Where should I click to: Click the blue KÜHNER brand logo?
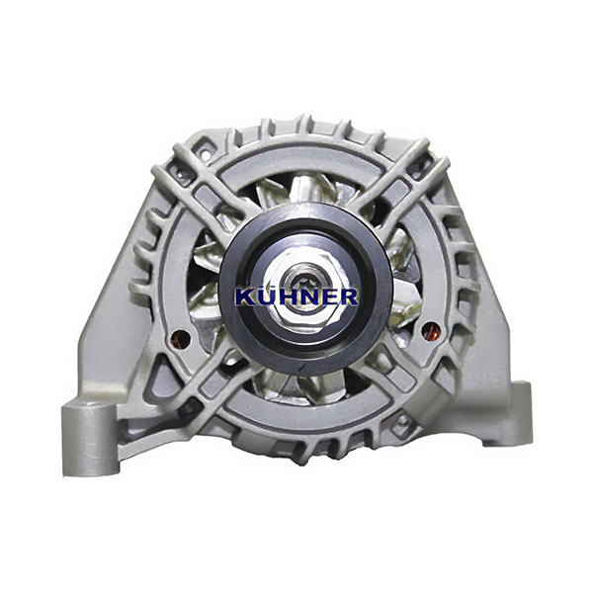coord(296,296)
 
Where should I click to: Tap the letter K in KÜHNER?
coord(245,297)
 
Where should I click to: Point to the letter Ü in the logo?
coord(265,296)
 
